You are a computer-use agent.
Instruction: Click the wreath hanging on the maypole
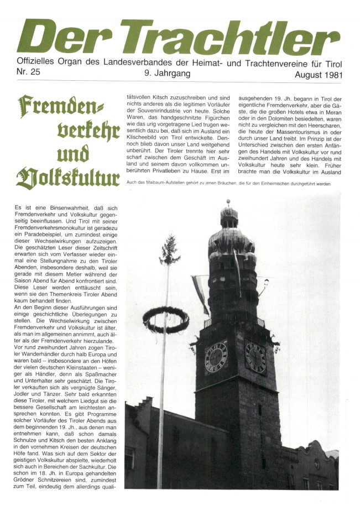click(166, 320)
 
